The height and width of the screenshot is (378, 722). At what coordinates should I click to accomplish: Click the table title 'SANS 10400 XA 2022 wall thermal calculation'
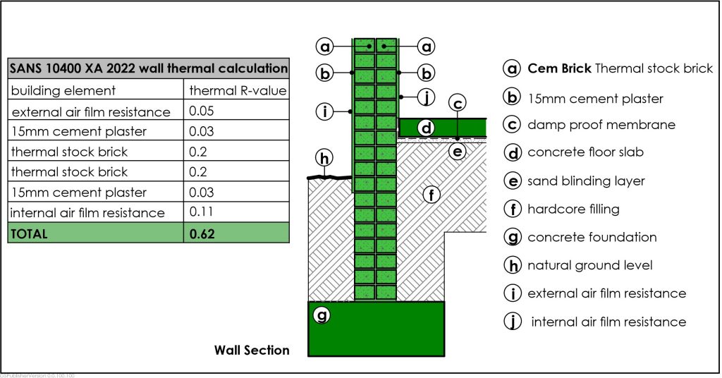[148, 69]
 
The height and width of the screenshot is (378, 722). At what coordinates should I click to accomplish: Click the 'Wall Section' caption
[252, 350]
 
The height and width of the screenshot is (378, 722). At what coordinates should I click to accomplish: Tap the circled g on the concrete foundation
[322, 315]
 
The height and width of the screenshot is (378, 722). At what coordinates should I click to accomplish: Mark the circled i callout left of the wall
[324, 111]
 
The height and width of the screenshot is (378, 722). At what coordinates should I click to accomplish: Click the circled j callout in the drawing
[425, 96]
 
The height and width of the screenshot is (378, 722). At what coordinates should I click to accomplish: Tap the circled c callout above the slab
[458, 104]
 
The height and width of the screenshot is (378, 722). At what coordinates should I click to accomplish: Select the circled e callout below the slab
[458, 151]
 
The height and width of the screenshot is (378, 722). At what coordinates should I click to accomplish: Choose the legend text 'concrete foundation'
[592, 238]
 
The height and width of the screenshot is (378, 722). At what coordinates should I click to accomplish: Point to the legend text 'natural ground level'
[589, 266]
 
